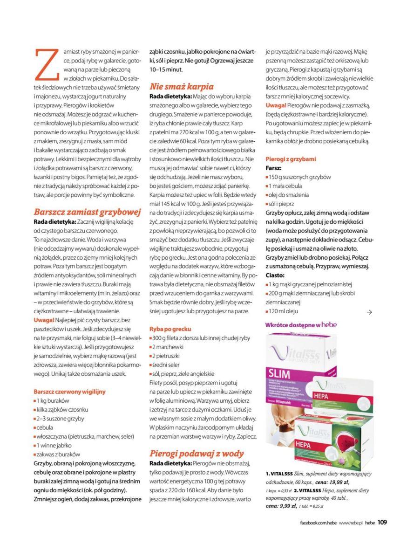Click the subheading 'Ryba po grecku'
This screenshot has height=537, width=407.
tap(170, 329)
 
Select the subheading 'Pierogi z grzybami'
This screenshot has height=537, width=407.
tap(291, 159)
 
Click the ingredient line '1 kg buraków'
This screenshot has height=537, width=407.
tap(53, 401)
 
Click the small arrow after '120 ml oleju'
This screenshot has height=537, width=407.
tap(369, 312)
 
